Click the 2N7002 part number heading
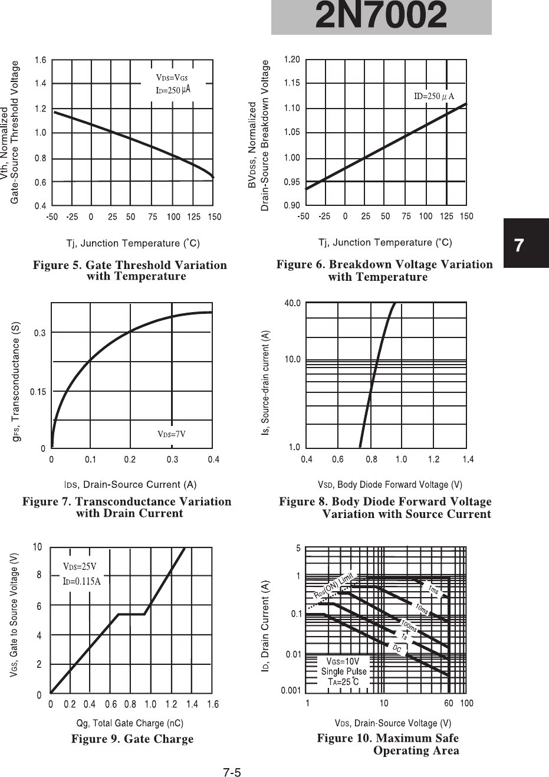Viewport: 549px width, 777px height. pyautogui.click(x=381, y=17)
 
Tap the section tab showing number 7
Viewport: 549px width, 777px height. pyautogui.click(x=519, y=245)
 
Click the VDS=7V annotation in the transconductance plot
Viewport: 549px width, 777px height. pyautogui.click(x=171, y=434)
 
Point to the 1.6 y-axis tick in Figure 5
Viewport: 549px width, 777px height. pyautogui.click(x=40, y=60)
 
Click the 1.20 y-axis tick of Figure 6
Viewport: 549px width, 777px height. pyautogui.click(x=292, y=60)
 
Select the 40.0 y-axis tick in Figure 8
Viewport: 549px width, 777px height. pyautogui.click(x=292, y=303)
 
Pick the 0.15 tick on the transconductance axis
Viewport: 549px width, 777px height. pyautogui.click(x=37, y=391)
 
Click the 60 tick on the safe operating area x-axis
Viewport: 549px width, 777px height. pyautogui.click(x=449, y=703)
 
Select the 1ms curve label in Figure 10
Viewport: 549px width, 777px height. pyautogui.click(x=433, y=590)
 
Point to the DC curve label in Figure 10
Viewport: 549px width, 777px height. pyautogui.click(x=397, y=648)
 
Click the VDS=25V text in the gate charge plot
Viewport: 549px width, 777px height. pyautogui.click(x=80, y=567)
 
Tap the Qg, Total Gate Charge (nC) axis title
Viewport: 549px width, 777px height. pyautogui.click(x=130, y=723)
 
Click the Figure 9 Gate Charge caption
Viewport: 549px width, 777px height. pyautogui.click(x=132, y=739)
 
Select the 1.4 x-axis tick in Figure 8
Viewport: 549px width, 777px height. pyautogui.click(x=468, y=459)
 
